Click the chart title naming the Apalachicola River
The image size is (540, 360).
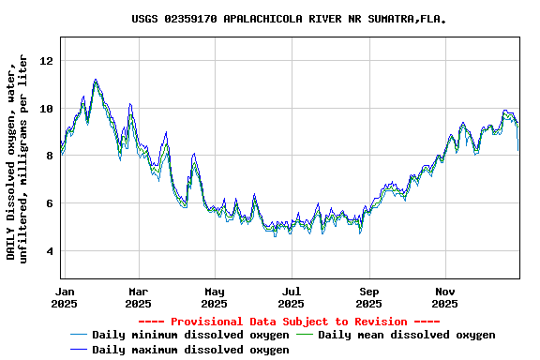pos(289,19)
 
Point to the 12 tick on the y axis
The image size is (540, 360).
pos(47,61)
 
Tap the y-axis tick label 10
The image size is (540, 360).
pos(47,109)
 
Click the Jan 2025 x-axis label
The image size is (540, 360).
pos(64,297)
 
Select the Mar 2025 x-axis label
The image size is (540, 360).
pos(138,297)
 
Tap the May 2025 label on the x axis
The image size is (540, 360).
pos(215,297)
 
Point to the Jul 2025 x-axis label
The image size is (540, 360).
pos(292,297)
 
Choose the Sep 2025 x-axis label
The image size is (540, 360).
pos(369,297)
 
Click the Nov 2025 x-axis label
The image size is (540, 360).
pos(445,297)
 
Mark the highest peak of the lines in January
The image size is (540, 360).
pos(96,81)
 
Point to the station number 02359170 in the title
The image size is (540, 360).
pos(191,19)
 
